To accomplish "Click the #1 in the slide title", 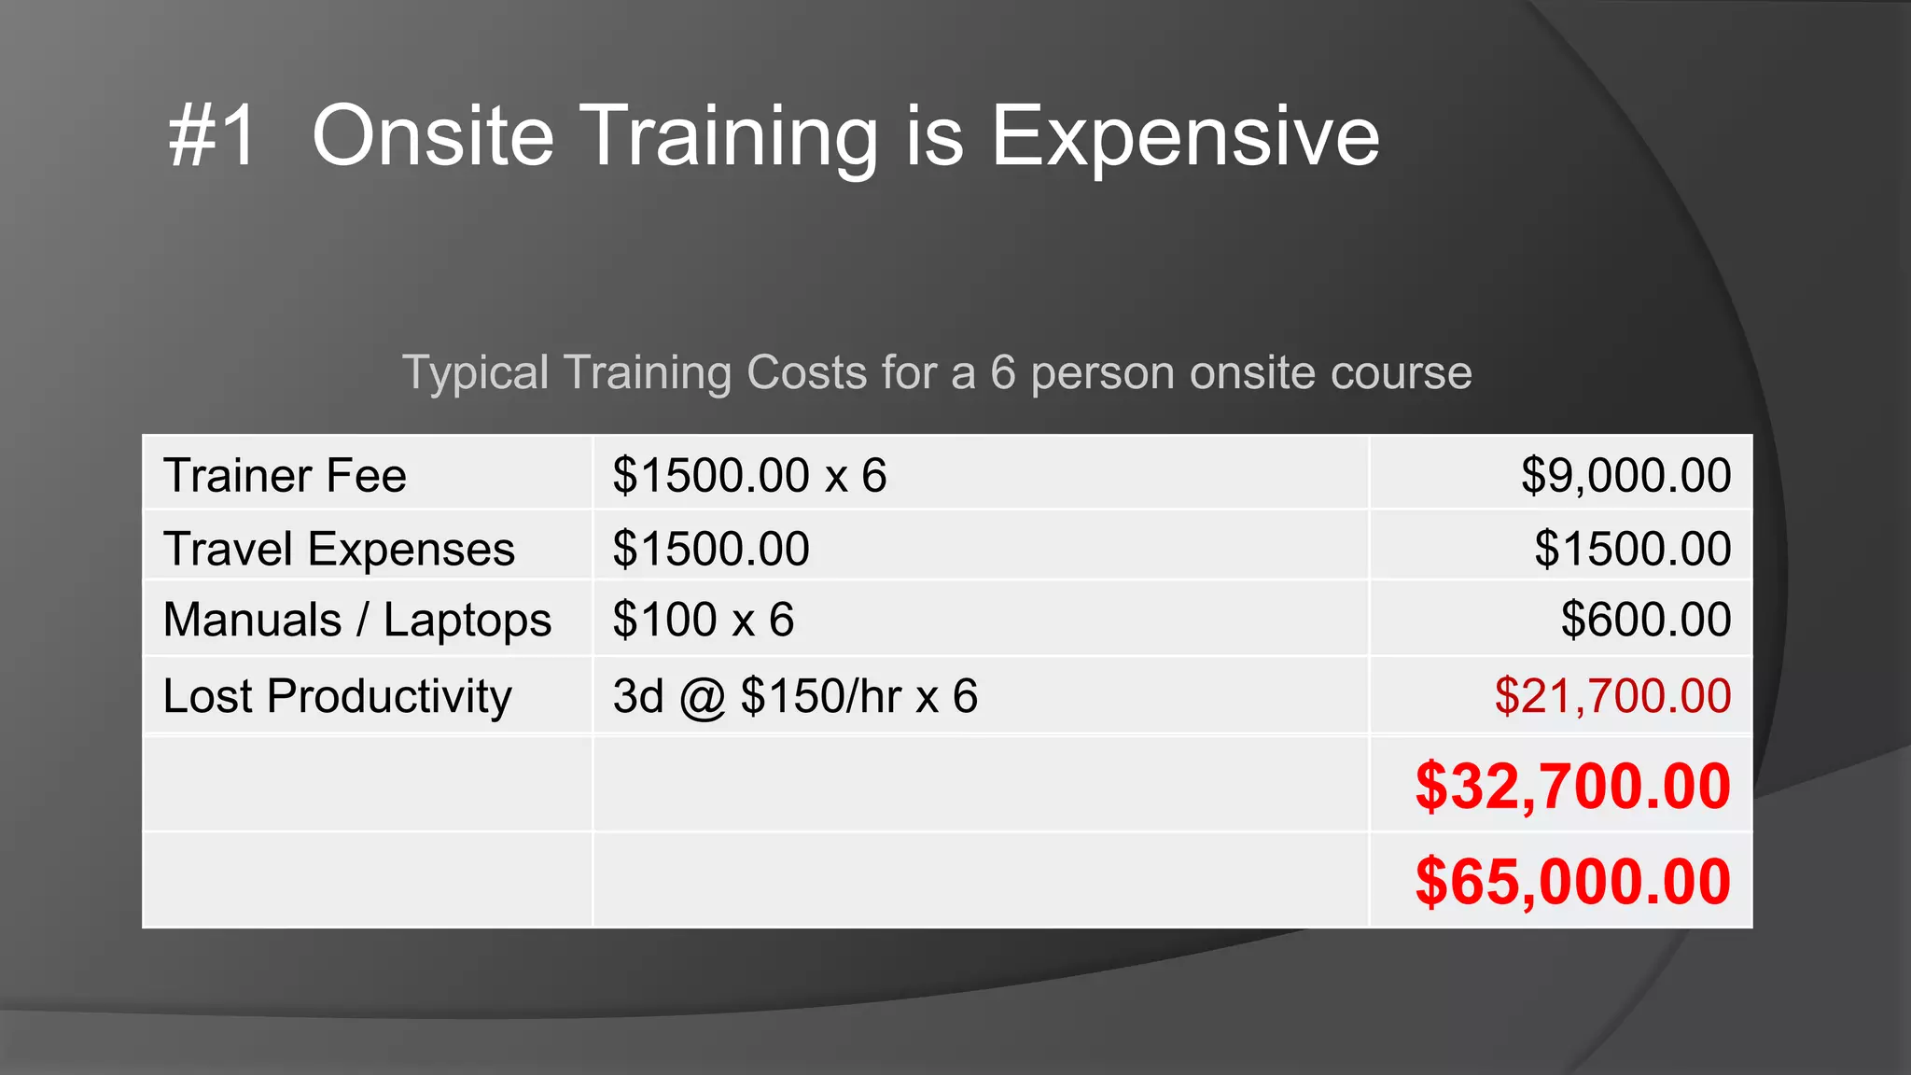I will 213,136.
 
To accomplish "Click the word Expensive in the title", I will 1184,136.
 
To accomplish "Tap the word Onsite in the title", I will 433,136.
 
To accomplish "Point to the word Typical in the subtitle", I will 476,373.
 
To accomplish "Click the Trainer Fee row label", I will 285,475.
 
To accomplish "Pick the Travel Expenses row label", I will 339,548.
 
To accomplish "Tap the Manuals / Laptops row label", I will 357,620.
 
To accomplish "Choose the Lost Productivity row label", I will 337,696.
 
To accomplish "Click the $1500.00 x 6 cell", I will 749,475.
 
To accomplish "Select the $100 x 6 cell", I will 703,620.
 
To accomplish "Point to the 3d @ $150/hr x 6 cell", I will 795,696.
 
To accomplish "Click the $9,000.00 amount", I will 1625,475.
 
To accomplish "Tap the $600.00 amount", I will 1646,620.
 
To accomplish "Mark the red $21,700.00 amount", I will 1612,696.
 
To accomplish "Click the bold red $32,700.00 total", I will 1573,786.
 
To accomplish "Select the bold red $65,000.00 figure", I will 1573,881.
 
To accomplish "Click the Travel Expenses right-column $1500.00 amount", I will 1633,548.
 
